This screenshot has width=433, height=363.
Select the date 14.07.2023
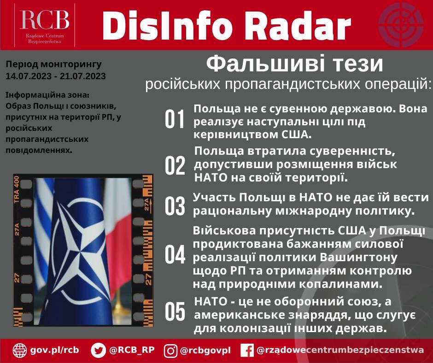click(x=24, y=75)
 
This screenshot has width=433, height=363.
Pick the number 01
click(x=175, y=120)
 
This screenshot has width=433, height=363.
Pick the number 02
click(x=175, y=165)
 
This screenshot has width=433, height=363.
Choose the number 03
click(x=175, y=205)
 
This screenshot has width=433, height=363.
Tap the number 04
click(x=175, y=255)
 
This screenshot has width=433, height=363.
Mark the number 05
click(x=175, y=312)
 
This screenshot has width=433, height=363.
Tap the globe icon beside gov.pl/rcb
click(x=20, y=350)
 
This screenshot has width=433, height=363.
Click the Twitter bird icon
click(x=98, y=350)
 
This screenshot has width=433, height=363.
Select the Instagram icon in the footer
click(x=170, y=351)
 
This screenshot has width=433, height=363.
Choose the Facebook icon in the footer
click(x=247, y=351)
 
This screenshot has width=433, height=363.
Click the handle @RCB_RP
click(x=132, y=350)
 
